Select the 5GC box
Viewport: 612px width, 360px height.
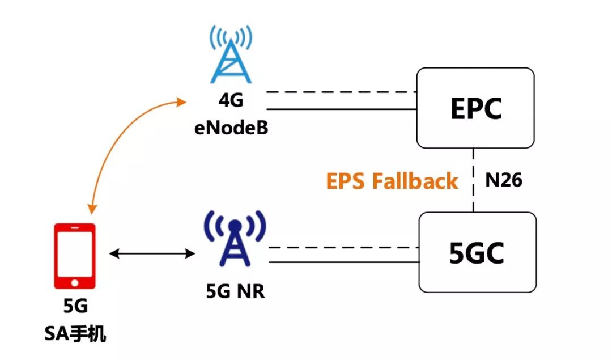477,253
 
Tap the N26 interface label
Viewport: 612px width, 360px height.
503,181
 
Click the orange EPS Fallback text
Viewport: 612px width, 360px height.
392,181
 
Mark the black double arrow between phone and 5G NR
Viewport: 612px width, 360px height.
151,253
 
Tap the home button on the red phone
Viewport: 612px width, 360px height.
74,282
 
